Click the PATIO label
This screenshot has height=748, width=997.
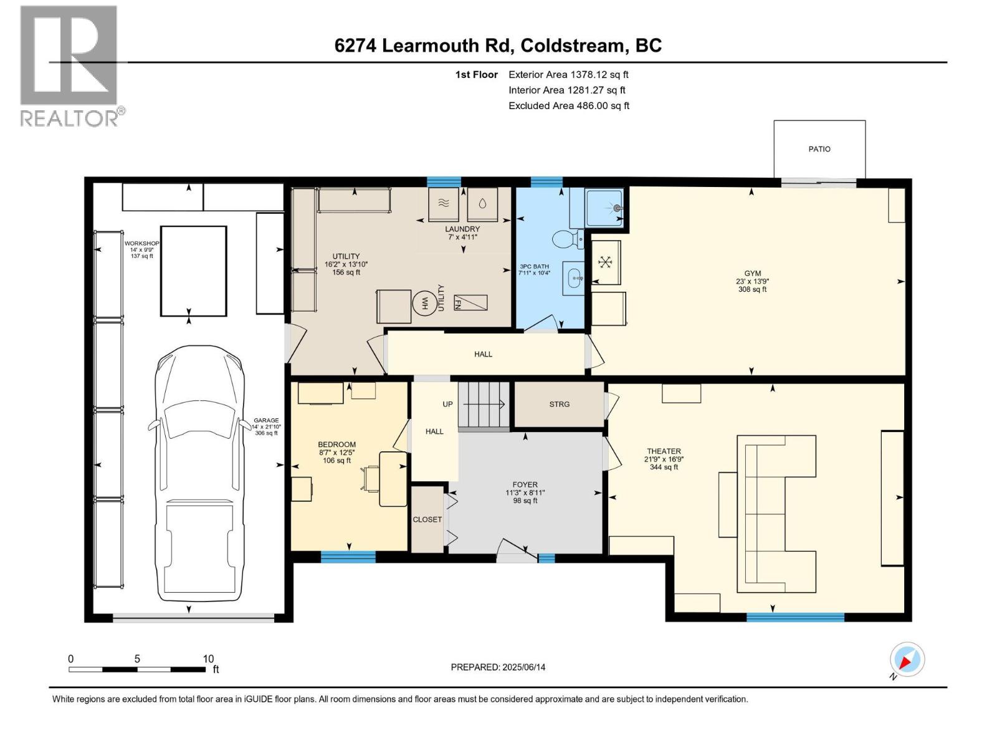tap(819, 149)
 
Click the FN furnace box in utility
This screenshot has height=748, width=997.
tap(470, 303)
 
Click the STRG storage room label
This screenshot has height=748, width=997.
tap(559, 404)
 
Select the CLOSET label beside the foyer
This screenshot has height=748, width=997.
tap(427, 519)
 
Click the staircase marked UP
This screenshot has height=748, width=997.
tap(484, 406)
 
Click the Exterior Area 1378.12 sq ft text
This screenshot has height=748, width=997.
tap(568, 74)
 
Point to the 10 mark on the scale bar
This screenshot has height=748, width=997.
tap(208, 659)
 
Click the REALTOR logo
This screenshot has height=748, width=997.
tap(70, 65)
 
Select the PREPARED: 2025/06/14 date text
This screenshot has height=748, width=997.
tap(498, 667)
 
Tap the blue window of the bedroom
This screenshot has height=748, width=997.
tap(348, 557)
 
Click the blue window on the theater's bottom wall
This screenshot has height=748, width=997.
tap(795, 617)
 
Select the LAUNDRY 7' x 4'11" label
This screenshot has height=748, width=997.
tap(462, 233)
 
